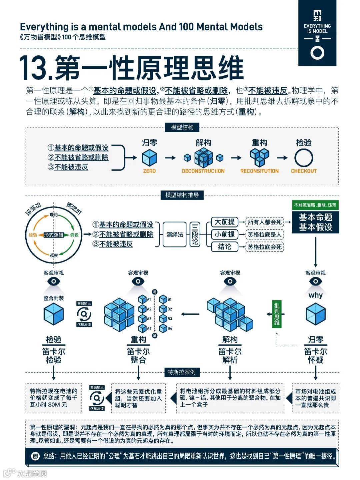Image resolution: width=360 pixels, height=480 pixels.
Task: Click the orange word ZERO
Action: (x=149, y=171)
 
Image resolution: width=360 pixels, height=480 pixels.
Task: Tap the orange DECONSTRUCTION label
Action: (x=203, y=171)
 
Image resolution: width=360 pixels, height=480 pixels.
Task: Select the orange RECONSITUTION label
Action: (x=259, y=171)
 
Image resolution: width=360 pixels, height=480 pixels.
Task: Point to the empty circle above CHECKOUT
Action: (x=304, y=158)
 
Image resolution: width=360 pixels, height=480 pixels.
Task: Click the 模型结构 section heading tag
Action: (x=182, y=127)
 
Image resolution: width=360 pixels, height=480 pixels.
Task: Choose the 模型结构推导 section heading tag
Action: (x=182, y=195)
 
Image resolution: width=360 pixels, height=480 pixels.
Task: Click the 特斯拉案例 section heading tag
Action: (x=182, y=372)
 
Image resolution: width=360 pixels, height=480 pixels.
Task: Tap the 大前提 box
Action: (x=224, y=222)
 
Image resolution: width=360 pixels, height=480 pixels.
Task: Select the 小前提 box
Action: (x=224, y=234)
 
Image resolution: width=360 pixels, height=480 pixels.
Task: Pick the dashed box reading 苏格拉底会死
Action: (x=265, y=247)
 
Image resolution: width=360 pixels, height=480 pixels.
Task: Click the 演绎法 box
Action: (x=175, y=234)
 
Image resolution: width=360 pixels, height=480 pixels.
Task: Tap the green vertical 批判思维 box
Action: (x=277, y=314)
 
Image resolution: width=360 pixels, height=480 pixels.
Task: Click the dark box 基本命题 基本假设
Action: (x=315, y=222)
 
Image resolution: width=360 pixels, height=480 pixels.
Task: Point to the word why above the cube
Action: (x=315, y=295)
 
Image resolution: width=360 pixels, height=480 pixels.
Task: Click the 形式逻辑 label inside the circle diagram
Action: (x=54, y=235)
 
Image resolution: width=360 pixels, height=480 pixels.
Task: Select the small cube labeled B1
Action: (x=163, y=299)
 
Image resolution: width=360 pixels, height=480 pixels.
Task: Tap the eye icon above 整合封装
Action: (x=54, y=282)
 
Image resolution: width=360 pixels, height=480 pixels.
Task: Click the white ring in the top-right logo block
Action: (x=317, y=53)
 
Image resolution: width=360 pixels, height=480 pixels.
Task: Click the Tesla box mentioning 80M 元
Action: (x=54, y=398)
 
